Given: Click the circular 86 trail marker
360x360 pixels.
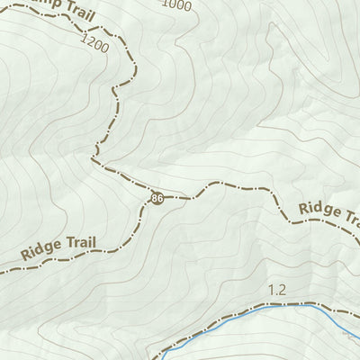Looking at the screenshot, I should tap(157, 198).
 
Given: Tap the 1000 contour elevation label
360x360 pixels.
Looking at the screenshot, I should tap(177, 4).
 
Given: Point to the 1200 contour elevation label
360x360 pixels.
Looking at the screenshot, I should tap(94, 41).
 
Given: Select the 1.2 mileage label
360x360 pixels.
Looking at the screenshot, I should tap(276, 290).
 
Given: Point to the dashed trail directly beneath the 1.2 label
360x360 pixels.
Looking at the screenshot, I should tap(276, 304).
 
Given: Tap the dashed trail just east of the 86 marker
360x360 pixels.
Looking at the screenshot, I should tap(180, 197).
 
